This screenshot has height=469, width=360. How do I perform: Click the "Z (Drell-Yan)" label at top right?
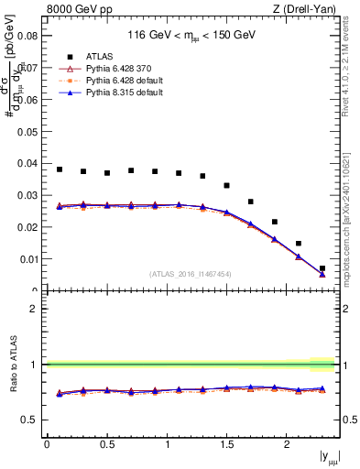click(307, 10)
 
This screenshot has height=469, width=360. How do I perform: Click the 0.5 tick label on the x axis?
click(107, 444)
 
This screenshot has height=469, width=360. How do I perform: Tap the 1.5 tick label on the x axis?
click(227, 444)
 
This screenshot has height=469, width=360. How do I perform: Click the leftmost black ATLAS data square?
click(60, 169)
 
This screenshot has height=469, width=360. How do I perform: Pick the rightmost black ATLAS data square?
click(322, 268)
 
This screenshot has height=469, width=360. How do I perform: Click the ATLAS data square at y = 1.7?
click(251, 202)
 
